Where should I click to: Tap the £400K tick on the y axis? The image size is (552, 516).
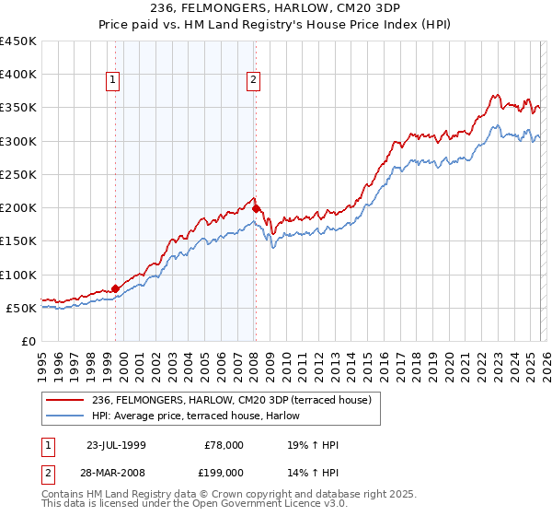[18, 75]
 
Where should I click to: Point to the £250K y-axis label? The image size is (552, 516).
[18, 174]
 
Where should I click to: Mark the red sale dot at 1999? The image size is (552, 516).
[116, 288]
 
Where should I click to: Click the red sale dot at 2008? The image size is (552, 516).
[256, 208]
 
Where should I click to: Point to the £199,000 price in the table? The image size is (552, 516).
[223, 472]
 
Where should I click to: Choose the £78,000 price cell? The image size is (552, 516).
[223, 445]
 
